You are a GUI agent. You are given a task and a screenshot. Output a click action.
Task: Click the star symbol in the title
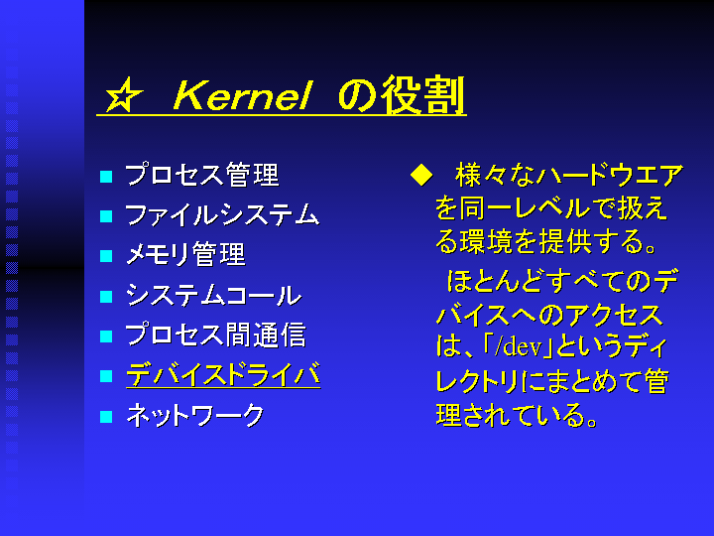click(x=123, y=95)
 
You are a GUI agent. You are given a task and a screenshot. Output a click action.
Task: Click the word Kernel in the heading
click(x=242, y=95)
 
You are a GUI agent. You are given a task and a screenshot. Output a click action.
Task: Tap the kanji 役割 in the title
click(x=422, y=95)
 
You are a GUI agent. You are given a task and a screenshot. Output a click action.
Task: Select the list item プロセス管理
click(x=201, y=175)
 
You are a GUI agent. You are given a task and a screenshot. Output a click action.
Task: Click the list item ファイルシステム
click(x=222, y=214)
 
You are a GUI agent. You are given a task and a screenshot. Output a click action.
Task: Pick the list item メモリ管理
click(x=185, y=255)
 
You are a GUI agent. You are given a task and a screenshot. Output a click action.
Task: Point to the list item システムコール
click(x=213, y=295)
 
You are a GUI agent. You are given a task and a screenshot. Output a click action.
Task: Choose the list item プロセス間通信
click(x=215, y=335)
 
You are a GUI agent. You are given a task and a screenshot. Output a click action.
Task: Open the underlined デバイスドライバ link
click(x=223, y=375)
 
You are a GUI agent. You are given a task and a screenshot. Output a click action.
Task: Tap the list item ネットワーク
click(x=195, y=415)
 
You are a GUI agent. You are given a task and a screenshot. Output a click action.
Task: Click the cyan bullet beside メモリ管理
click(x=106, y=256)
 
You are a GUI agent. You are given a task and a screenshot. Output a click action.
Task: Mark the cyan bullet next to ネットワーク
click(x=106, y=417)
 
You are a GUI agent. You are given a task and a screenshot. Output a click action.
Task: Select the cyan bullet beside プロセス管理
click(x=106, y=176)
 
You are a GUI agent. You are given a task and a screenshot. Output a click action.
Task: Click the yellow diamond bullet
click(x=421, y=176)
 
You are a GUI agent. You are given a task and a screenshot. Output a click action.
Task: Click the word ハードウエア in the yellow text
click(x=610, y=176)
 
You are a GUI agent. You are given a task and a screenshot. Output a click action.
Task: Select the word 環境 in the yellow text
click(x=486, y=241)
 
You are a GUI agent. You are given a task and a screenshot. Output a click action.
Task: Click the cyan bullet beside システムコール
click(x=106, y=296)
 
